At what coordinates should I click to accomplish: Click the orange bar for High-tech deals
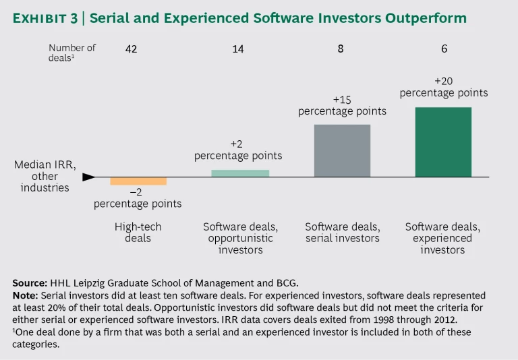138,181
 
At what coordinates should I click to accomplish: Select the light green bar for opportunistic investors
240,173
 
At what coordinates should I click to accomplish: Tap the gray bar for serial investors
342,150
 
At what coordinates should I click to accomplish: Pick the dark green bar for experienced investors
443,142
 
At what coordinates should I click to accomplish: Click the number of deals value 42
132,49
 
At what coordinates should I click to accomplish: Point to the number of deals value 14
238,49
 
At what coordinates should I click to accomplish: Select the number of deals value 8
341,49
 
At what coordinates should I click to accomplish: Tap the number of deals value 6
444,49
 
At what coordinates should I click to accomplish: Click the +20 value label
444,81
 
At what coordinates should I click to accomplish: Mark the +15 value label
342,99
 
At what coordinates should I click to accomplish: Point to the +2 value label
237,144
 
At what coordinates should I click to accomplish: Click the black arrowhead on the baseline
88,177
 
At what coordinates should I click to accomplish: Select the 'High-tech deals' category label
138,233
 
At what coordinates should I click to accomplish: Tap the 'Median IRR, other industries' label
45,176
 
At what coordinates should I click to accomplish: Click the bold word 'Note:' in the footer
25,295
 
